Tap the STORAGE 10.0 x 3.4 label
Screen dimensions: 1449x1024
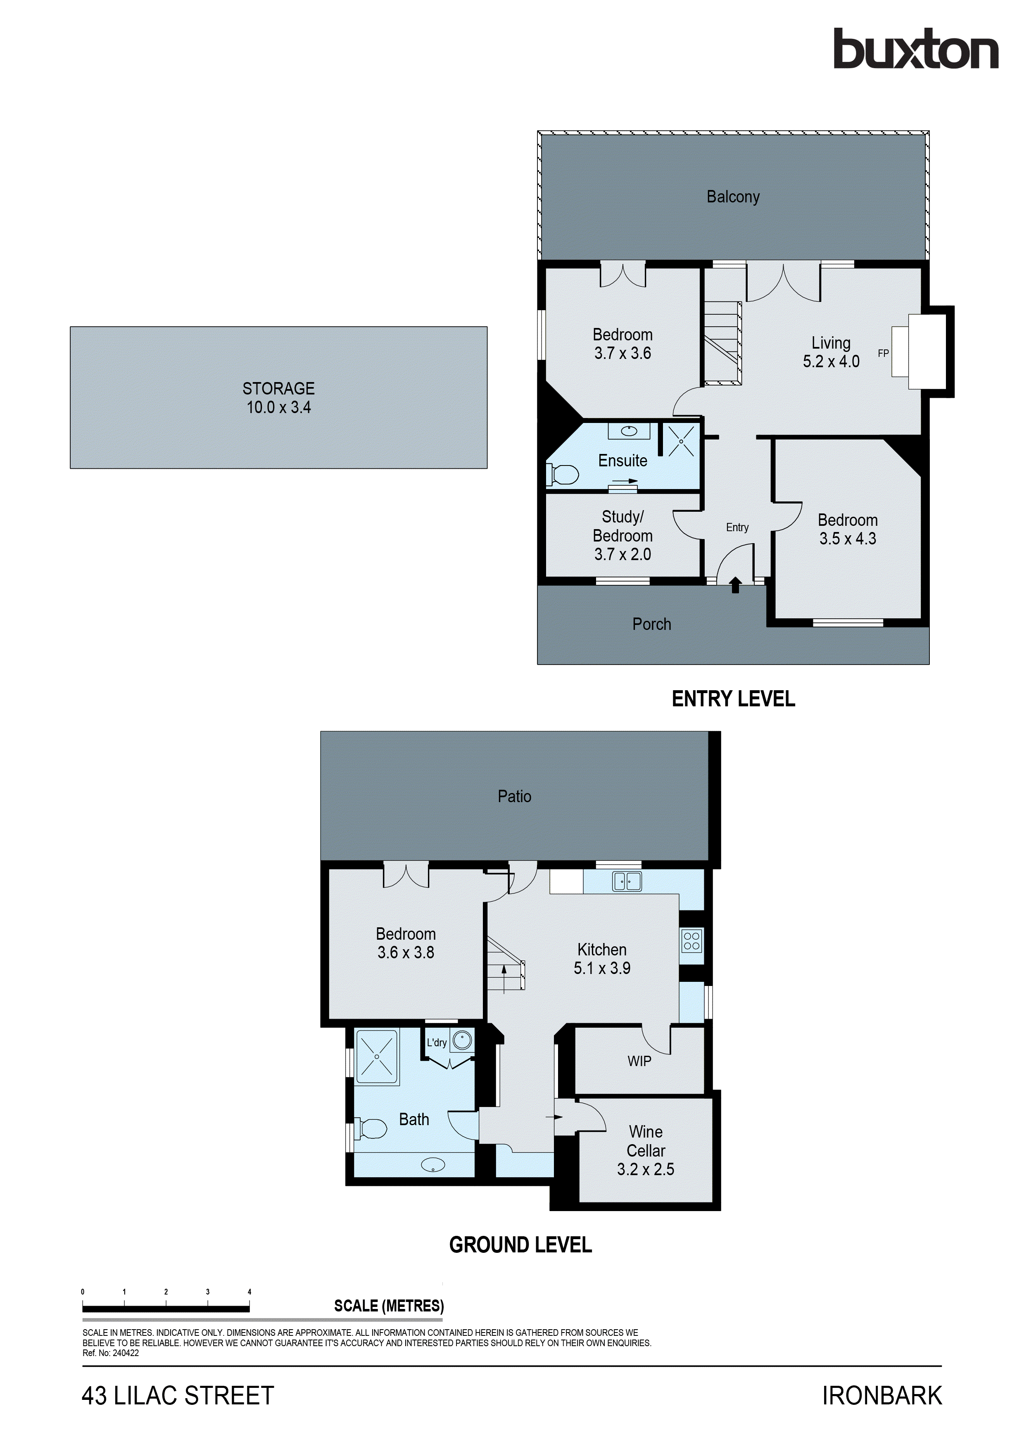pos(278,398)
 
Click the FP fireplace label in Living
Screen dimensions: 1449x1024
pos(883,354)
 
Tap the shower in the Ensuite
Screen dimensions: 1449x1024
pos(681,440)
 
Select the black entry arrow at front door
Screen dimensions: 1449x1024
pos(735,584)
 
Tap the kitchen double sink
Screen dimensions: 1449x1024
pos(627,881)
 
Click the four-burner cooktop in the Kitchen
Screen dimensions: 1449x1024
pos(691,941)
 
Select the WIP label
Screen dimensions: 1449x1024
pos(639,1061)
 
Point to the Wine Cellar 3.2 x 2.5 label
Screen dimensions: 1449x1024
pos(646,1150)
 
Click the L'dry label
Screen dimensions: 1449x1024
pos(436,1043)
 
